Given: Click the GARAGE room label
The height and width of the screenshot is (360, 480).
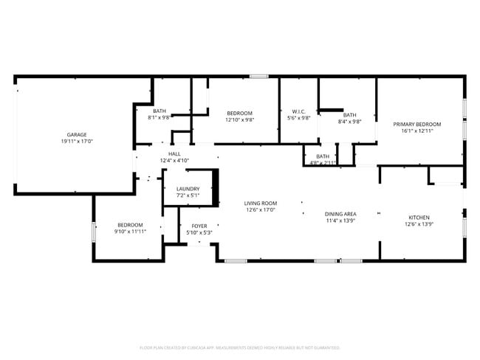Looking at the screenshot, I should point(72,135).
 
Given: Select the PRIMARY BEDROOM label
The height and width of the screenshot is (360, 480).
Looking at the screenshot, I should point(422,124).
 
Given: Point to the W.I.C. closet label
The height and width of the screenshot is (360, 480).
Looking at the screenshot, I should point(299,111).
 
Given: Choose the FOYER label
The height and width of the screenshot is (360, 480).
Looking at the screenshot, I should point(199,226).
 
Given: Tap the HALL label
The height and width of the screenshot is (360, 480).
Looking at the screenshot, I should point(174,153).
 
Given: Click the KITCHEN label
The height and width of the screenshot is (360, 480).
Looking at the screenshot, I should point(419,218).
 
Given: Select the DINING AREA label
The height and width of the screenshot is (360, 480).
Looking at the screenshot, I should point(340,214).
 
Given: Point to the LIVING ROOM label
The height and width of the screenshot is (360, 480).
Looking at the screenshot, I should point(261,203).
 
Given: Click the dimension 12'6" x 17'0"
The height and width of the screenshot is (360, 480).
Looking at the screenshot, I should point(261,210).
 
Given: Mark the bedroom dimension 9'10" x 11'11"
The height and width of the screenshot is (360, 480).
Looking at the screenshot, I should point(130,232).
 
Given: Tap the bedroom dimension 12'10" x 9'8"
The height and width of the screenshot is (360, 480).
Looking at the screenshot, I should point(239,120).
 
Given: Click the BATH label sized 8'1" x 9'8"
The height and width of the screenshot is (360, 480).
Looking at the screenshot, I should point(160,111).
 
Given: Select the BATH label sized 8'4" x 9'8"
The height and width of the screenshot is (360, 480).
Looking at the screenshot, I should point(349,114).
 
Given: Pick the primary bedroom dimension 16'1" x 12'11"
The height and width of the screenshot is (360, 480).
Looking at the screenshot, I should point(417,131).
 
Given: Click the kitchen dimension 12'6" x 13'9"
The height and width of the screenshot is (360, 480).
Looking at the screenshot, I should point(419,224).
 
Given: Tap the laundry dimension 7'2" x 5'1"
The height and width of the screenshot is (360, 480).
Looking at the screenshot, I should point(188,196).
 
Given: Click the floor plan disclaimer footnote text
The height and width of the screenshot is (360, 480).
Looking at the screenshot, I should point(239,347).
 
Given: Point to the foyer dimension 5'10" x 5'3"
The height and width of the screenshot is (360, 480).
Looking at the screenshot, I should point(199,232).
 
